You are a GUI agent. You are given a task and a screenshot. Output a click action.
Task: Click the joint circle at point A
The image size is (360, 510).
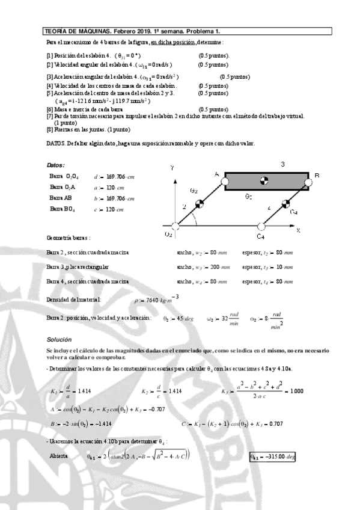pos(224,179)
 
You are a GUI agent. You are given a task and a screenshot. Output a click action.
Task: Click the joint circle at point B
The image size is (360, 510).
pos(309,179)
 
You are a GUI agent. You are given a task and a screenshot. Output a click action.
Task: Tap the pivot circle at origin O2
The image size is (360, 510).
pos(175,227)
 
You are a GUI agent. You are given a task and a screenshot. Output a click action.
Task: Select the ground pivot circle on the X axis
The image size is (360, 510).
pos(261,227)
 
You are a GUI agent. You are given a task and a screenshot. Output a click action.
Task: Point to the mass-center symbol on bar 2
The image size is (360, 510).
pos(200,203)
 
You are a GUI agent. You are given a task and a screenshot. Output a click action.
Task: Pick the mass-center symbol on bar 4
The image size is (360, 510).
pos(285,203)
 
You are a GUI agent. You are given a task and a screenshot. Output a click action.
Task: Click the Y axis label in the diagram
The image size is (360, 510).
pos(172,170)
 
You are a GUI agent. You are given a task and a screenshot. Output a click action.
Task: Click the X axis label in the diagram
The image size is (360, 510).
pos(298,230)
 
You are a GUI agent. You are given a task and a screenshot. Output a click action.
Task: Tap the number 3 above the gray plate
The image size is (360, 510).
pos(282,164)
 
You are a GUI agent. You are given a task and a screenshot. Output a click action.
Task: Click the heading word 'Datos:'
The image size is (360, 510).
pos(55,165)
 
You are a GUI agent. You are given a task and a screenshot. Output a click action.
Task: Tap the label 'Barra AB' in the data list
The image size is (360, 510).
pos(60,198)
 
